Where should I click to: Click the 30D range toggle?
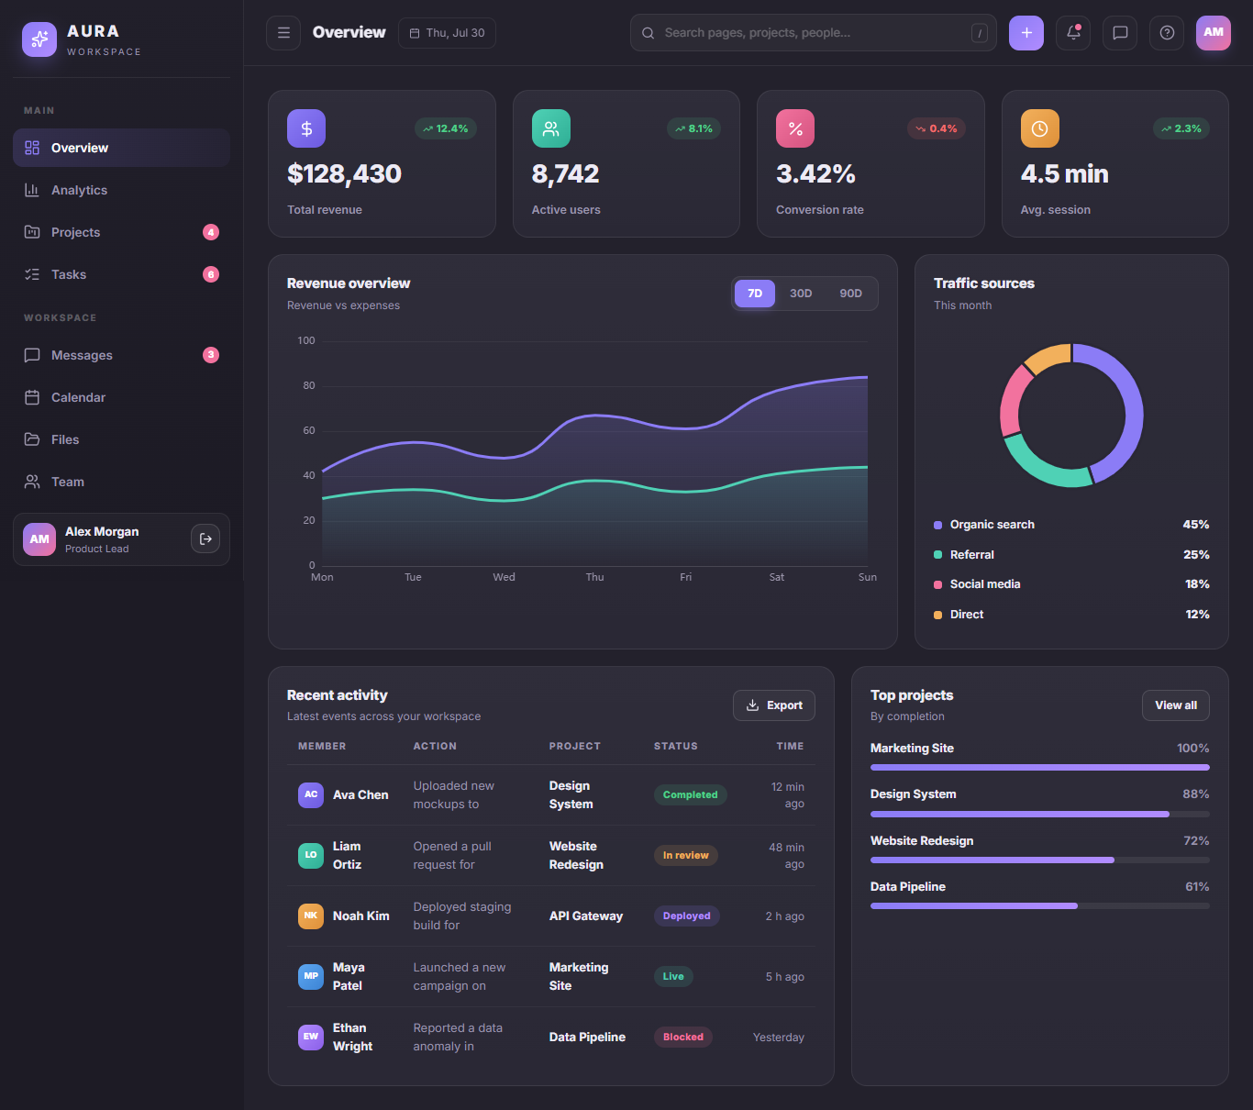click(800, 294)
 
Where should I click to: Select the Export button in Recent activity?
click(773, 705)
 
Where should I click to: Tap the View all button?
click(1175, 705)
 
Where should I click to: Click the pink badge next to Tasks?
click(211, 274)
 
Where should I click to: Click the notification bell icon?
click(1073, 33)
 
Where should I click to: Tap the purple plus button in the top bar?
click(1026, 33)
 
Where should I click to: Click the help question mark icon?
click(1167, 33)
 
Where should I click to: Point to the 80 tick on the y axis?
click(308, 385)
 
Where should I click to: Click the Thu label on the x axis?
click(594, 577)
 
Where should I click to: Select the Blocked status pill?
click(682, 1037)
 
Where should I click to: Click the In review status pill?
click(685, 855)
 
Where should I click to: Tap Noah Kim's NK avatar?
click(310, 916)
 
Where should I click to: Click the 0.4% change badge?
click(937, 128)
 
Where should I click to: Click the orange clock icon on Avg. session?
click(1039, 128)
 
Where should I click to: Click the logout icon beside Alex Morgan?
click(205, 538)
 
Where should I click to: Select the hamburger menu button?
click(283, 33)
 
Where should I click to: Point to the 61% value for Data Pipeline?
click(1197, 887)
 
